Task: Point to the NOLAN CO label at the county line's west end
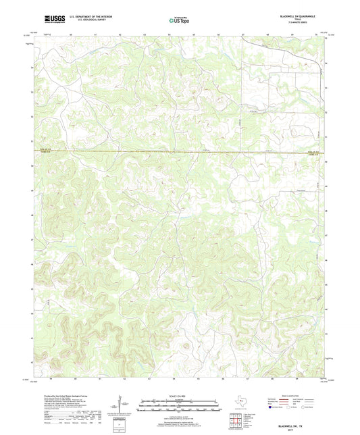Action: [x=45, y=151]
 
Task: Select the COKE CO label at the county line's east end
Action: [x=316, y=155]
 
